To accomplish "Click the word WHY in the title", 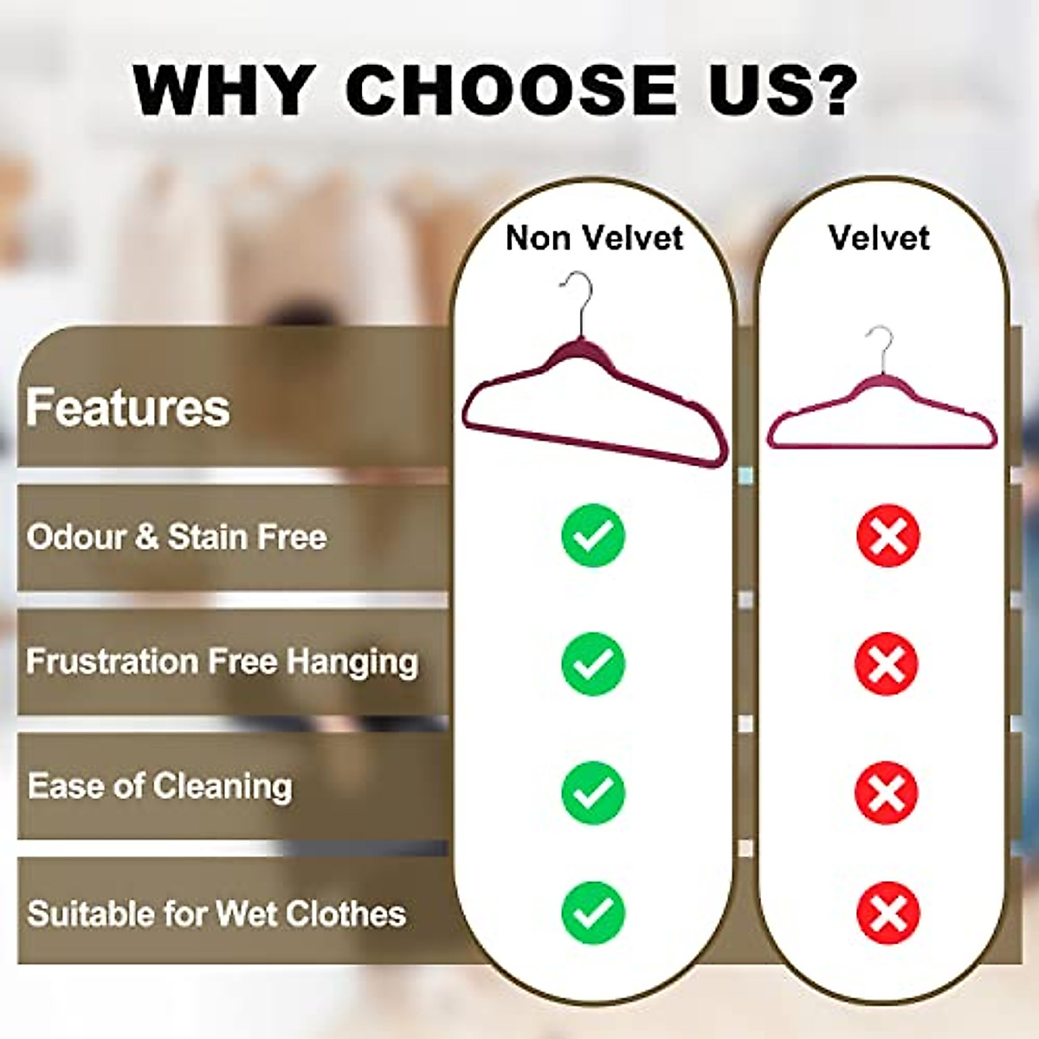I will [x=223, y=89].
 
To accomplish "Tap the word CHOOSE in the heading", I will [x=511, y=89].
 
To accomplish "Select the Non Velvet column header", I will [x=594, y=238].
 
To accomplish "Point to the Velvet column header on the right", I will [x=879, y=238].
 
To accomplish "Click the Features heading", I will [x=128, y=408].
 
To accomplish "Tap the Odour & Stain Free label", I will [x=177, y=537].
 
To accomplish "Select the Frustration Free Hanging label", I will [x=222, y=662].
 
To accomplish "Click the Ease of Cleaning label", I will [x=160, y=786].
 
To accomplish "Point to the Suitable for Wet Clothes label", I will [x=216, y=913].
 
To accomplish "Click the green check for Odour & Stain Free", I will [x=593, y=536].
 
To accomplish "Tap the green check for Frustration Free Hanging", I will [x=593, y=664].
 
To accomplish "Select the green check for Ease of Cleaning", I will [x=593, y=792].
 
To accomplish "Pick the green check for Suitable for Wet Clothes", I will [x=593, y=913].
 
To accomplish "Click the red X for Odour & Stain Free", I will [x=887, y=536].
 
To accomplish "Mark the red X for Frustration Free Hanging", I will [x=886, y=664].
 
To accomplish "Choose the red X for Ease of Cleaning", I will [x=886, y=792].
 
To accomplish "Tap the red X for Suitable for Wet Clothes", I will [x=887, y=913].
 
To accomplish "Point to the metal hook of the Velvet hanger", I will [x=882, y=346].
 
